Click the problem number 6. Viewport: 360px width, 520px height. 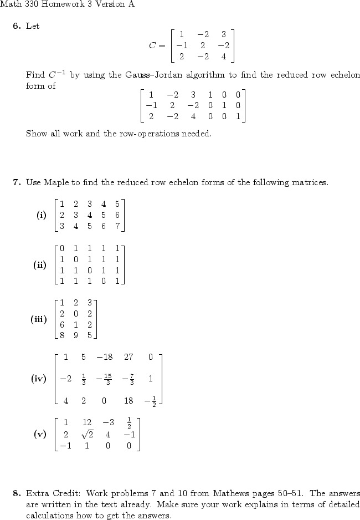(x=17, y=26)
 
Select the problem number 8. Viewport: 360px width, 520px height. (x=17, y=493)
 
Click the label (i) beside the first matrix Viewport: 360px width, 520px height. (x=42, y=215)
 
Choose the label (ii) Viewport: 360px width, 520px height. (x=40, y=265)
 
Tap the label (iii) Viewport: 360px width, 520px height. (x=39, y=319)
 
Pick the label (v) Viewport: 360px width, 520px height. (x=40, y=434)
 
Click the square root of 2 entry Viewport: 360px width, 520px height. (x=86, y=434)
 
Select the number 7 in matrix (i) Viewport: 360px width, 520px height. (x=117, y=226)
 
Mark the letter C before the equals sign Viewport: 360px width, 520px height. (x=153, y=45)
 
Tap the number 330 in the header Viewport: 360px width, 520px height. (x=31, y=4)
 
